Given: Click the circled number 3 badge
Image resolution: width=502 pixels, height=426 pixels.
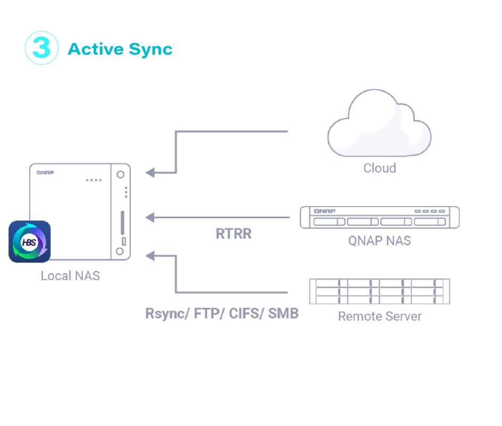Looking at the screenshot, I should pos(41,48).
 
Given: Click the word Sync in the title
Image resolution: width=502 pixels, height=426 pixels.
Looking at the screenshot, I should pos(151,50).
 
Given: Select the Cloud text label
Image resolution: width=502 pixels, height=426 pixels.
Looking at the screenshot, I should pos(380,168).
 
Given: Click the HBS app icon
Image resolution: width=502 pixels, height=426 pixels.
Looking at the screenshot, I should pos(30,242).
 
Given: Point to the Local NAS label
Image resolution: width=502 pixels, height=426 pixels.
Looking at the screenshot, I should pos(70,276).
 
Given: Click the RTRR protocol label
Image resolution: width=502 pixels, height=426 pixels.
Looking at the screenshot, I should pos(233,234).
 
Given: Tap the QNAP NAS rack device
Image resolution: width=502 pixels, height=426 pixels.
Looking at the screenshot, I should pos(380,217).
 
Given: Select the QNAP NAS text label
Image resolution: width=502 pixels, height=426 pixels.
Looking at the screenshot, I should pos(380,241).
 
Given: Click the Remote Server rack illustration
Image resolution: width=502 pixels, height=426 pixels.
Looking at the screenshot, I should pos(380,291).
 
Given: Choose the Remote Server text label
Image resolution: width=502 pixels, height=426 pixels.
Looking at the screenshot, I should pos(380,316).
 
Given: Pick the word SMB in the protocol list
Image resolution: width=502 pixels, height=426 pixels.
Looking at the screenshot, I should pos(283,313).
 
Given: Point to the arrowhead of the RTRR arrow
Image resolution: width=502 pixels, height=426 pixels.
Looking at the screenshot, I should pos(150,217).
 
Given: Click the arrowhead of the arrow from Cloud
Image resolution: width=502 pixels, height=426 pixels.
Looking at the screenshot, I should pos(150,173).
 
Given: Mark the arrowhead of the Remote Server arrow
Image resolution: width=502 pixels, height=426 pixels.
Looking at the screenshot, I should pos(150,256).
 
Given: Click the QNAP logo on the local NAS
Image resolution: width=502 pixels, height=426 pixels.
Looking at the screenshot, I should pos(45,173).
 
